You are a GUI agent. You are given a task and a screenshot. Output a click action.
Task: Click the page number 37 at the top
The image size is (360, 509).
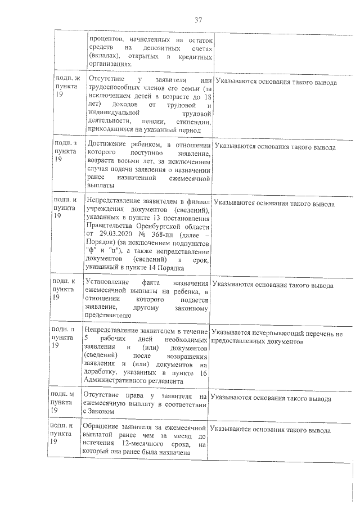pyautogui.click(x=198, y=20)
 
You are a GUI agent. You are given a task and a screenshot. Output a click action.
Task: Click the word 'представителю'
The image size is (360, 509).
pyautogui.click(x=109, y=316)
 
